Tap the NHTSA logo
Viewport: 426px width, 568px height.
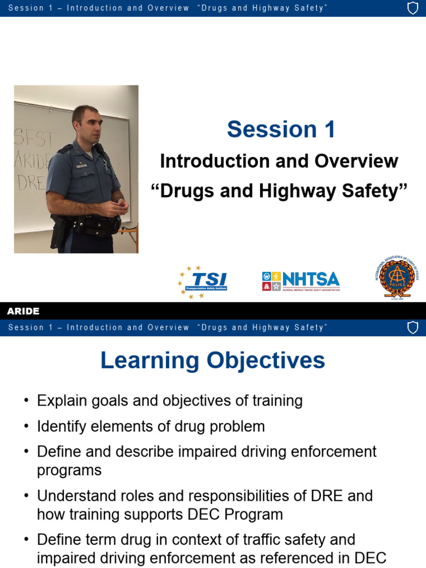(301, 281)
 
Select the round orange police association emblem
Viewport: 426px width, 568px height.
(397, 277)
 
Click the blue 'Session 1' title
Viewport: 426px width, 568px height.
(281, 129)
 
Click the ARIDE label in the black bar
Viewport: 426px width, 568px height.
(23, 311)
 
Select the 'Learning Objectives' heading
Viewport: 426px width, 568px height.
(212, 361)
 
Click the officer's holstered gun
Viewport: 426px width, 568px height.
(57, 231)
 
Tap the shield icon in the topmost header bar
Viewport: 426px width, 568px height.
(413, 8)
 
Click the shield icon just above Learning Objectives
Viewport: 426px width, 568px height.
(413, 328)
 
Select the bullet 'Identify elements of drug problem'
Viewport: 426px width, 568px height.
(151, 426)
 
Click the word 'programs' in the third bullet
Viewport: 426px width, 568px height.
(69, 470)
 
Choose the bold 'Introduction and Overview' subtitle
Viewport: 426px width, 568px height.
(279, 161)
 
